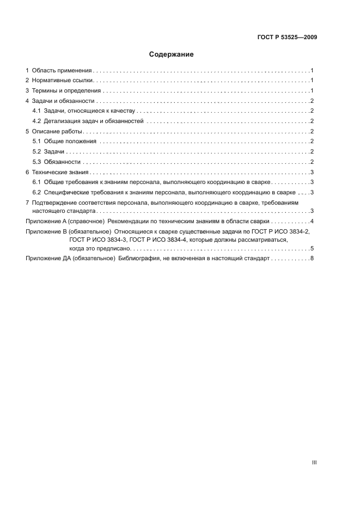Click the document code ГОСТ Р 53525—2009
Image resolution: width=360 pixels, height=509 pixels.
(x=287, y=38)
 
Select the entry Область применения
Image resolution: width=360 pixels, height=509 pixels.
(x=62, y=71)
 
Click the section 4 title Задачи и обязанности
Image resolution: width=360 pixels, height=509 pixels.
(x=64, y=101)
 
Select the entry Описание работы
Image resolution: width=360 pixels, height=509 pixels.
(x=57, y=132)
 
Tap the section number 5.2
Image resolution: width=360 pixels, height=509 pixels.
(x=37, y=152)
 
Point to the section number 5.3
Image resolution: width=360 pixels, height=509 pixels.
(x=37, y=162)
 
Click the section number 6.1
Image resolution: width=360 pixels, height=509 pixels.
(x=37, y=182)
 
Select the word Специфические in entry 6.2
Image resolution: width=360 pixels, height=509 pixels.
(x=66, y=193)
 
